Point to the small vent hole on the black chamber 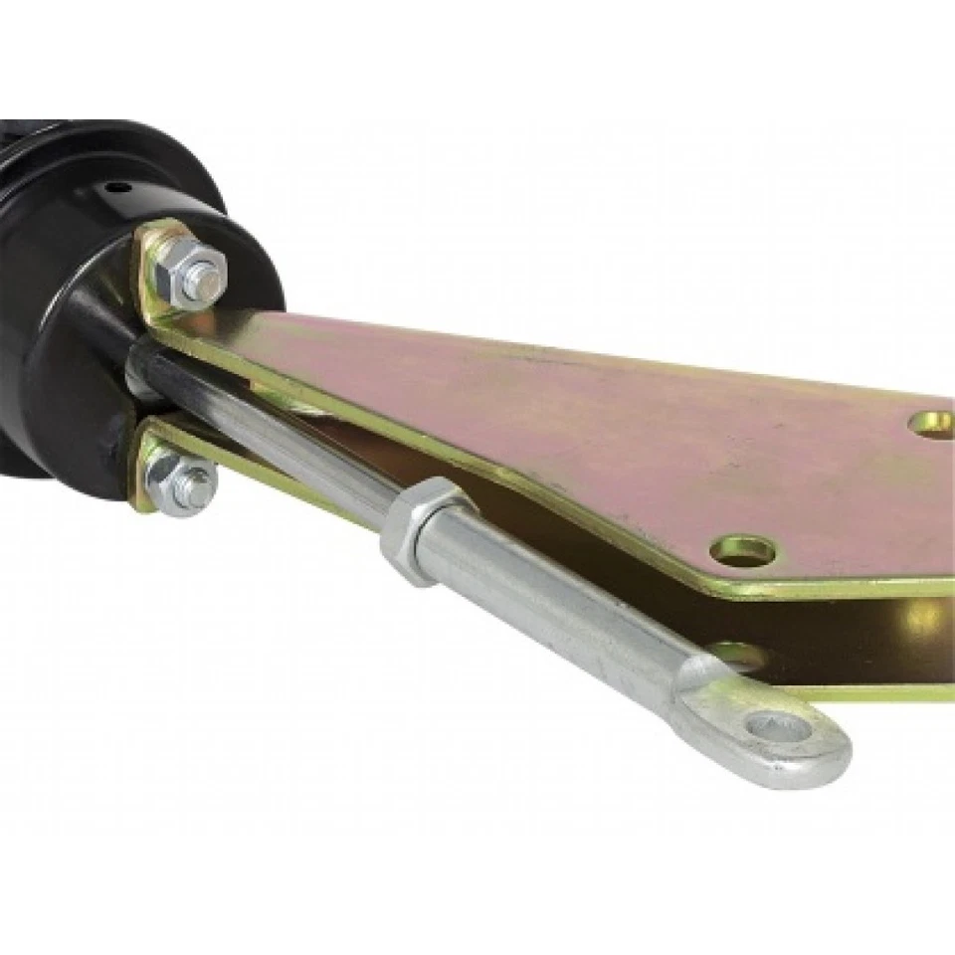point(120,188)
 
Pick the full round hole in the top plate point(743,549)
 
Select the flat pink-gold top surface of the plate point(597,418)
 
